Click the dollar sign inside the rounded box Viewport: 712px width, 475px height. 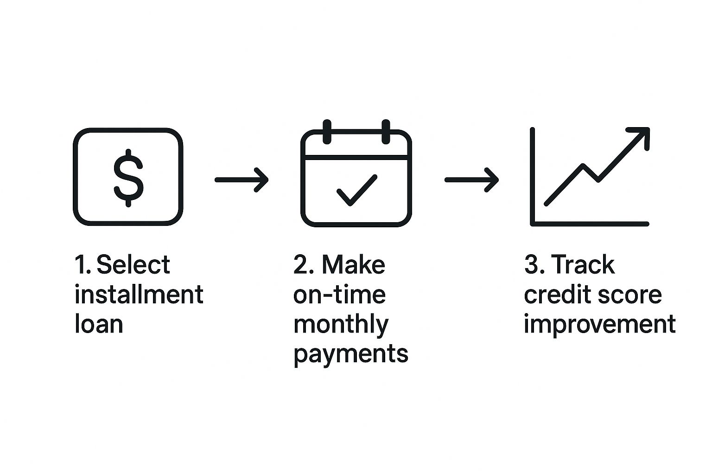tap(128, 178)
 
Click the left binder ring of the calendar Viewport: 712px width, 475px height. tap(327, 132)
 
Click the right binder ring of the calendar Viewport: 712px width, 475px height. tap(386, 132)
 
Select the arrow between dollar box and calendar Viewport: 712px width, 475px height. tap(242, 180)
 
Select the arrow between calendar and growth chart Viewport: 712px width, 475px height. tap(472, 180)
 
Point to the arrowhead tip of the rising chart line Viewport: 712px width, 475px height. tap(648, 129)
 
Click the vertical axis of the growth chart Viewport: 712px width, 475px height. tap(533, 177)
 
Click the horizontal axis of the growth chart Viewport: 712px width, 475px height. tap(590, 224)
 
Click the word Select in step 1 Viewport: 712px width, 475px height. tap(133, 264)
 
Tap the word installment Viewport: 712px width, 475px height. tap(139, 294)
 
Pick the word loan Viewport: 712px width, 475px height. tap(99, 324)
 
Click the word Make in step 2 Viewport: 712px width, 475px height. tap(354, 264)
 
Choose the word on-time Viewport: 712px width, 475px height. tap(339, 295)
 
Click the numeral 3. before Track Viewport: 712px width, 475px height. tap(534, 264)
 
